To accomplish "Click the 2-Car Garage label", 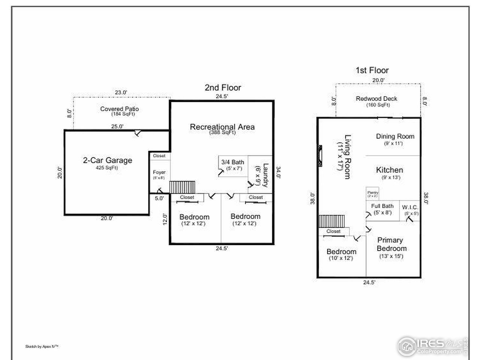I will [107, 160].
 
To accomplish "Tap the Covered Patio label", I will [119, 109].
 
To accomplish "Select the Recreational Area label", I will [222, 127].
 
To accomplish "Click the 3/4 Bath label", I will [232, 162].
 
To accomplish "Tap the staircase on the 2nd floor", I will [183, 187].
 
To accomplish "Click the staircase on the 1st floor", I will [331, 221].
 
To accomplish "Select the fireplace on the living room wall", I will [319, 155].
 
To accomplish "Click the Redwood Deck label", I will [376, 99].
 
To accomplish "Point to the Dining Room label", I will [395, 136].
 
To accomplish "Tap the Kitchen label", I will [390, 170].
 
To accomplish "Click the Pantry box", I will [372, 194].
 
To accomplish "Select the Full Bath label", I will [382, 206].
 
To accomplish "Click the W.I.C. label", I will [410, 207].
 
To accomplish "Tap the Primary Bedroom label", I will [391, 244].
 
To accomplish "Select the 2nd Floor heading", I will [223, 87].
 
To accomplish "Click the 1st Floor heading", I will [372, 70].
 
